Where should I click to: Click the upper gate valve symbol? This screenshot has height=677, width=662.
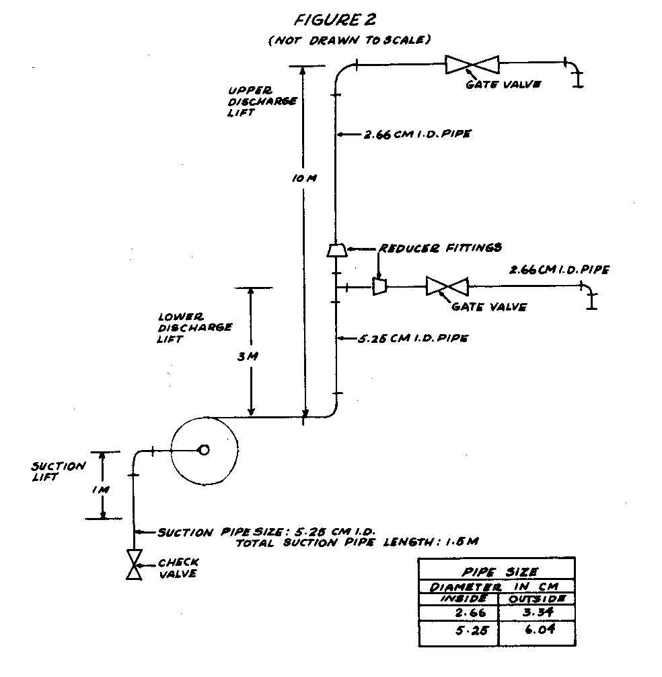pyautogui.click(x=472, y=65)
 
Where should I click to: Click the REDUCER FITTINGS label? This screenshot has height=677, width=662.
pyautogui.click(x=440, y=247)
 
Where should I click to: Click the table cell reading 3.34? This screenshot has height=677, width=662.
pyautogui.click(x=536, y=612)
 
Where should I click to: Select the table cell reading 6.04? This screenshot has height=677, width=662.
pyautogui.click(x=536, y=633)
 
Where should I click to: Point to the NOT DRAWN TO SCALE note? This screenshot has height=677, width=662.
pyautogui.click(x=348, y=40)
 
